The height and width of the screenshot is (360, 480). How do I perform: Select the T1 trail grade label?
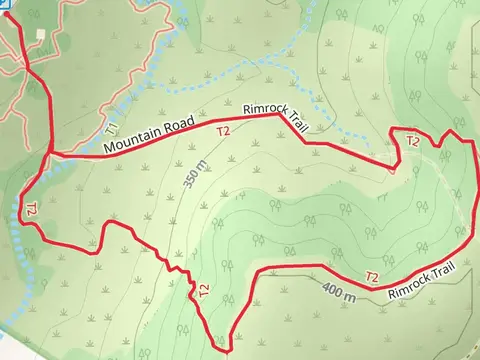[x=111, y=130]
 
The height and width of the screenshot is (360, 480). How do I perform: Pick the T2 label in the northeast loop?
[x=412, y=141]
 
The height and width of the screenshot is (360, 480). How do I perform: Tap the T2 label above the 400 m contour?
[x=372, y=276]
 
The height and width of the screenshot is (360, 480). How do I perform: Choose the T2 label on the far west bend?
[x=30, y=210]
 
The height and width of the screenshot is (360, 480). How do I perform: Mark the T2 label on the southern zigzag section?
[x=203, y=290]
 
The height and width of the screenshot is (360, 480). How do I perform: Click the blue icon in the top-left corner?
[x=4, y=3]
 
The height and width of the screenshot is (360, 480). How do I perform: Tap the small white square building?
[x=40, y=33]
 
